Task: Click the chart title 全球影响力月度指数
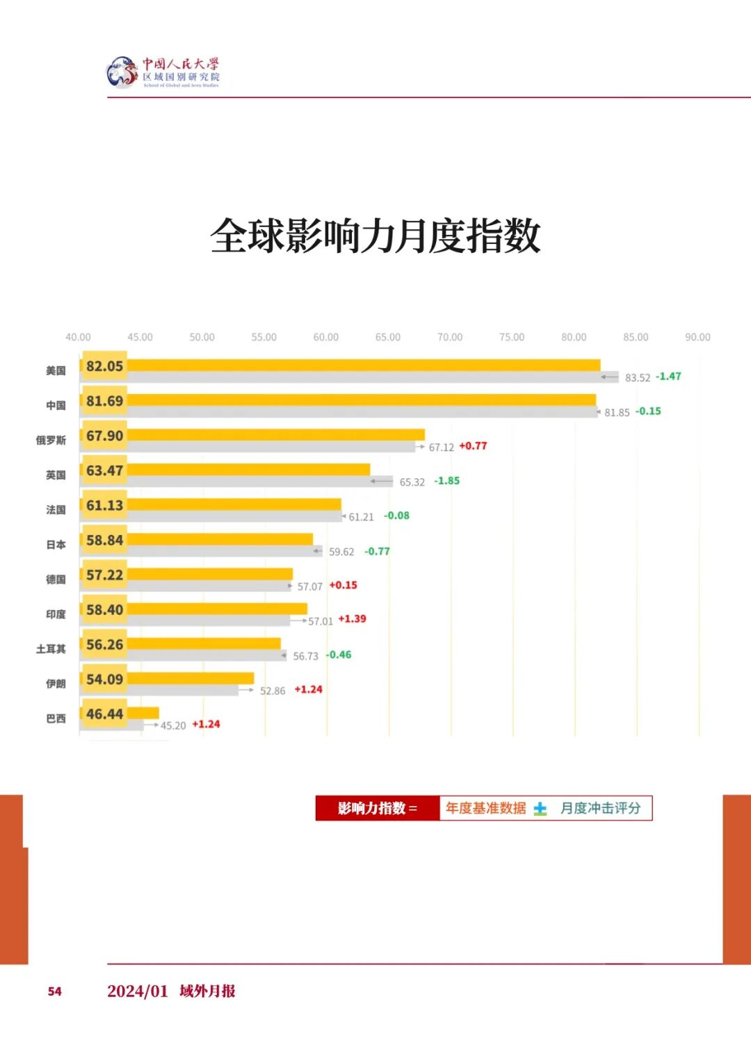[375, 236]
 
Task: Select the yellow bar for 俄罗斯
[275, 435]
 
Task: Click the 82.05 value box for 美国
[104, 366]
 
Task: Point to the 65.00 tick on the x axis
[387, 337]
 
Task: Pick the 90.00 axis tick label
[697, 337]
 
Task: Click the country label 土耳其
[51, 649]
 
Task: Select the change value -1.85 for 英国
[446, 481]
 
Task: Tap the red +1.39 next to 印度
[352, 618]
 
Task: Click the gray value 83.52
[637, 378]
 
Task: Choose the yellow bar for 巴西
[143, 713]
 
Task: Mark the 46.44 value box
[104, 714]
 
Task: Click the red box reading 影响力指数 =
[378, 808]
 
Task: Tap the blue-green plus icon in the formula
[540, 809]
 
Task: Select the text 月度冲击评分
[600, 808]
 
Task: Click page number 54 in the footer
[55, 992]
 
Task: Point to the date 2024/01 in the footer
[138, 992]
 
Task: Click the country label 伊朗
[56, 684]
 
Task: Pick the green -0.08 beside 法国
[396, 516]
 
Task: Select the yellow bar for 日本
[220, 539]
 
